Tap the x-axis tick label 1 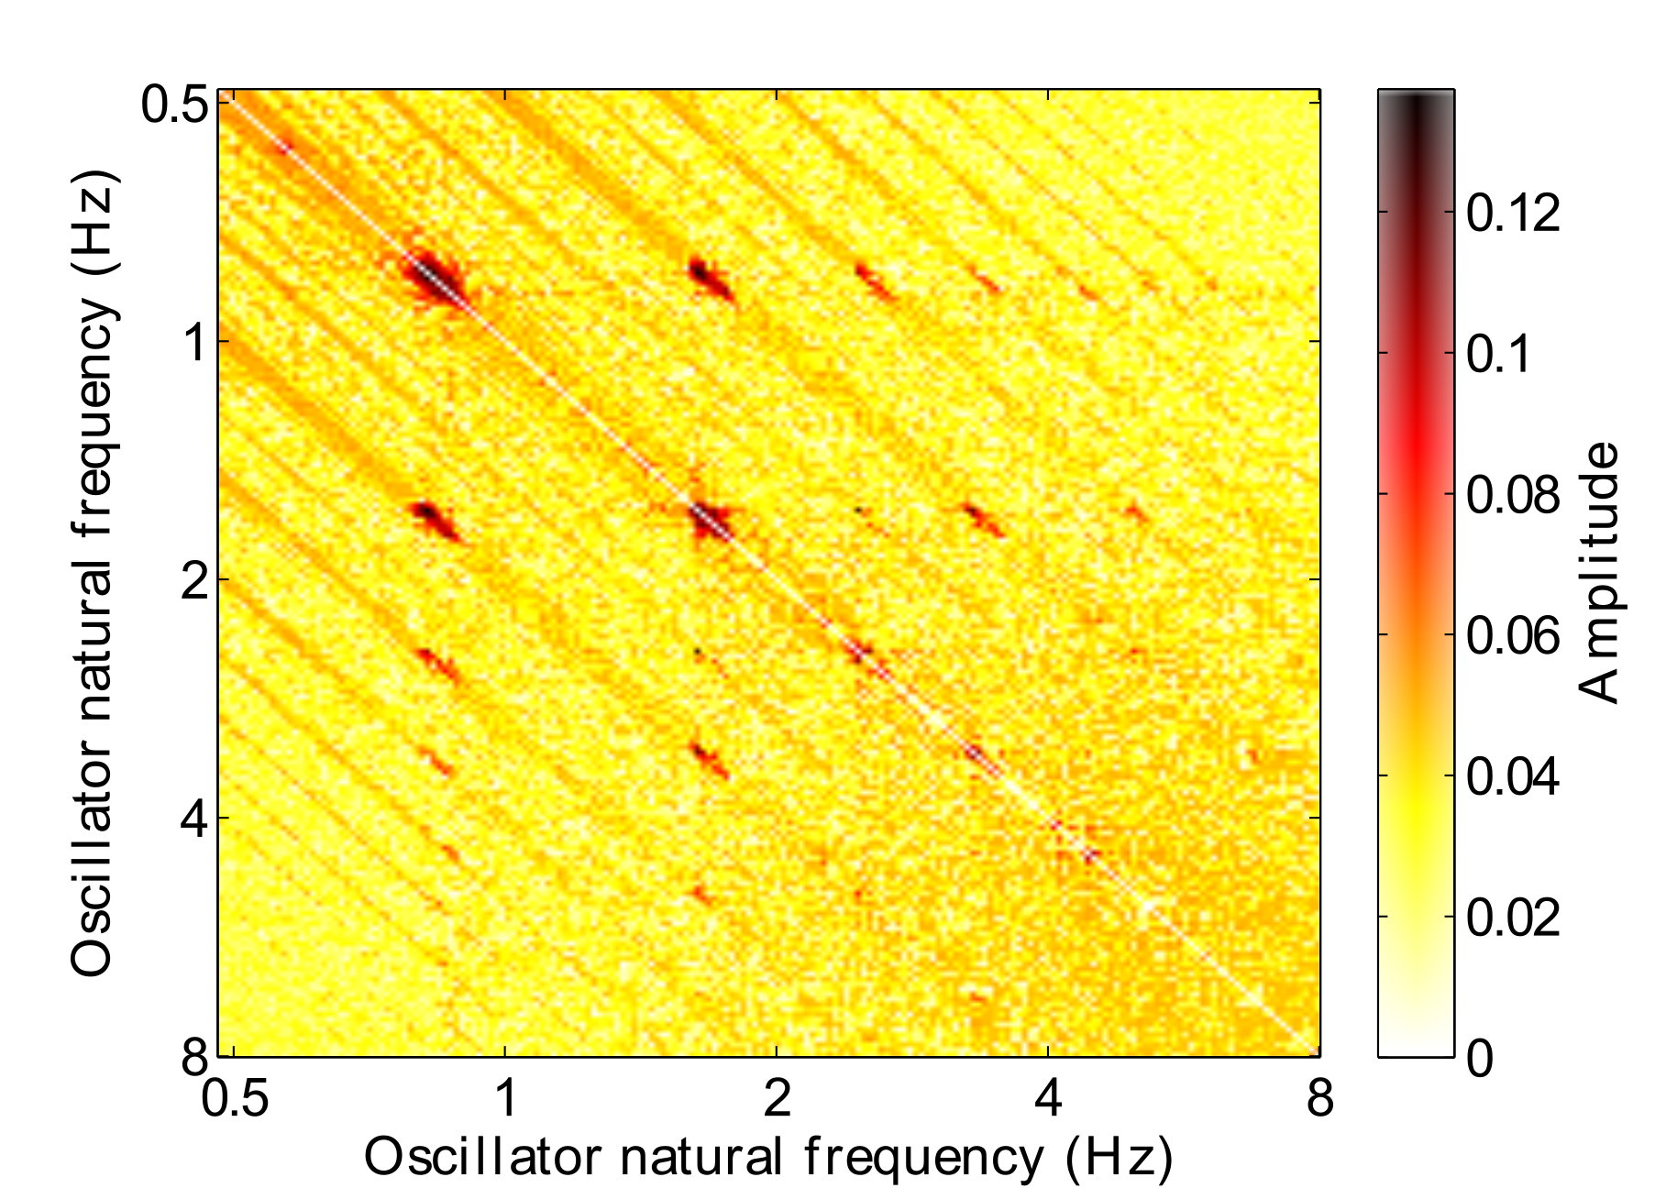point(505,1098)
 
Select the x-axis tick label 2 point(777,1098)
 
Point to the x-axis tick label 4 point(1048,1098)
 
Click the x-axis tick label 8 point(1319,1098)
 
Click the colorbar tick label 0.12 point(1512,214)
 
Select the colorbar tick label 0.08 point(1512,496)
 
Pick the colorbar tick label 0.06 point(1512,636)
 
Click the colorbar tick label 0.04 point(1512,777)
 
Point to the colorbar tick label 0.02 point(1512,918)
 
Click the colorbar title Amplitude point(1600,573)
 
